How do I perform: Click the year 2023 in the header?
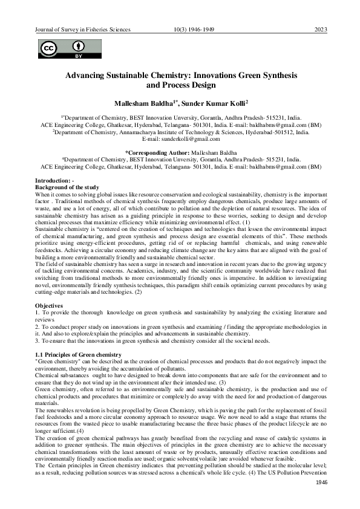click(321, 30)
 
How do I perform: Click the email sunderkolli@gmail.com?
click(180, 138)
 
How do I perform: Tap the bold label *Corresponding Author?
click(157, 152)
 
